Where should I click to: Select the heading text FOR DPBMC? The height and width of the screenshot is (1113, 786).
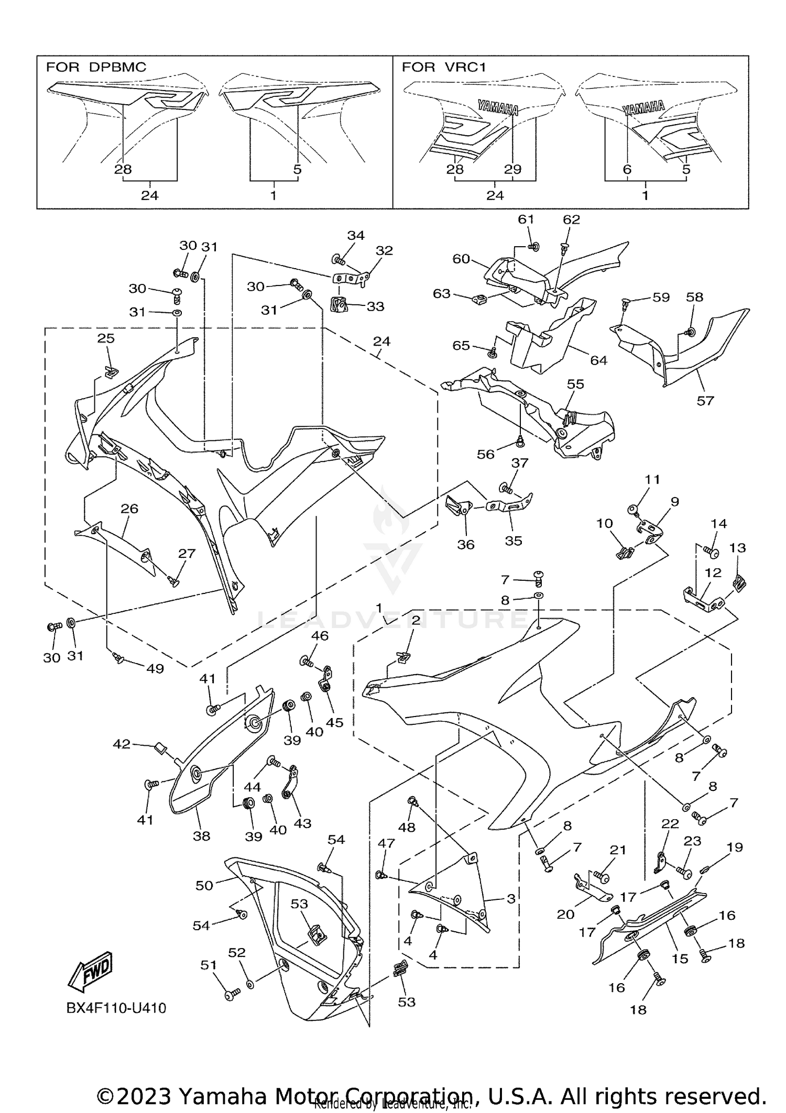tap(96, 67)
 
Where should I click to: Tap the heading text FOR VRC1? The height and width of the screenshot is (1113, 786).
tap(444, 67)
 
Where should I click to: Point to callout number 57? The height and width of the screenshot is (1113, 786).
tap(705, 401)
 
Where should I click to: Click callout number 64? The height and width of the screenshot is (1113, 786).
tap(598, 360)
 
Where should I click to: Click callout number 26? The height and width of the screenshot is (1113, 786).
tap(129, 508)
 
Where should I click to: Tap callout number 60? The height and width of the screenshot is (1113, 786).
tap(461, 259)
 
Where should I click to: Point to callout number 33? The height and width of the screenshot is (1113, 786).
tap(375, 306)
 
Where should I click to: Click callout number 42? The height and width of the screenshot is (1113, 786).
tap(122, 744)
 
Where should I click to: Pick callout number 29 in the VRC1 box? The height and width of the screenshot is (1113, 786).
tap(512, 169)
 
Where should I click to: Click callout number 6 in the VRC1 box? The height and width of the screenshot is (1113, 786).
tap(627, 169)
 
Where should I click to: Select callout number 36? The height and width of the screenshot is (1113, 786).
tap(465, 545)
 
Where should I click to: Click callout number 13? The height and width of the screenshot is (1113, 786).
tap(737, 548)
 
